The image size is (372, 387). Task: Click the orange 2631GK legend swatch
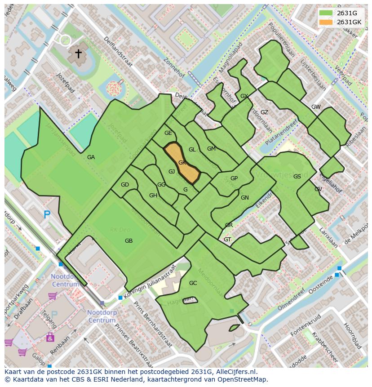click(326, 22)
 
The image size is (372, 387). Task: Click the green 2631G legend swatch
click(326, 13)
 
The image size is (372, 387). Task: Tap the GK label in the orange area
click(182, 163)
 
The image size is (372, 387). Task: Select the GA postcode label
click(91, 157)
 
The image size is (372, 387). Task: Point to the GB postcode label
click(128, 241)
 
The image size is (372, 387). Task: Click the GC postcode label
click(193, 283)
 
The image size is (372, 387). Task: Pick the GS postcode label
click(297, 177)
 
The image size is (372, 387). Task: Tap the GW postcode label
click(316, 107)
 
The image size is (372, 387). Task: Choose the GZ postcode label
click(264, 112)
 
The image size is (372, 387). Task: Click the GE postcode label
click(168, 133)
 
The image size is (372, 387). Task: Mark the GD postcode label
click(125, 185)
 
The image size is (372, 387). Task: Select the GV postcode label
click(318, 189)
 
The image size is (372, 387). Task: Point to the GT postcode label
click(227, 240)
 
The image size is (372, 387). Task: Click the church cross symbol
click(78, 53)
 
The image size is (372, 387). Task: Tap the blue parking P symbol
click(47, 214)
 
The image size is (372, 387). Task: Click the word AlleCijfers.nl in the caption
click(235, 372)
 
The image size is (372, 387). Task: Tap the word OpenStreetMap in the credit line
click(244, 379)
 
